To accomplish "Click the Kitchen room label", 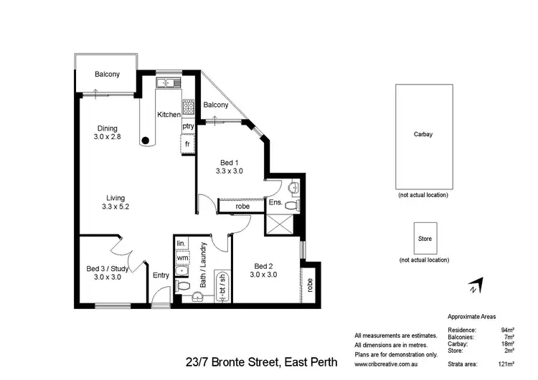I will coord(169,115).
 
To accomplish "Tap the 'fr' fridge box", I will coord(188,143).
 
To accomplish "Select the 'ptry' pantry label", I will coord(188,126).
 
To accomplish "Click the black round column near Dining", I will coord(146,141).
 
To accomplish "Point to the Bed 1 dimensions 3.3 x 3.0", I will coord(230,171).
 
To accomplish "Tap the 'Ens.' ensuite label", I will coord(275,203).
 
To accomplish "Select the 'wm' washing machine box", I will coord(183,257).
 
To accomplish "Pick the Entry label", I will coord(161,275).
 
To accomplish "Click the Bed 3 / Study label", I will coord(107,268).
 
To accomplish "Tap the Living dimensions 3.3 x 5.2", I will coord(115,206).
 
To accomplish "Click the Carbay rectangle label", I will coord(423,134).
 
